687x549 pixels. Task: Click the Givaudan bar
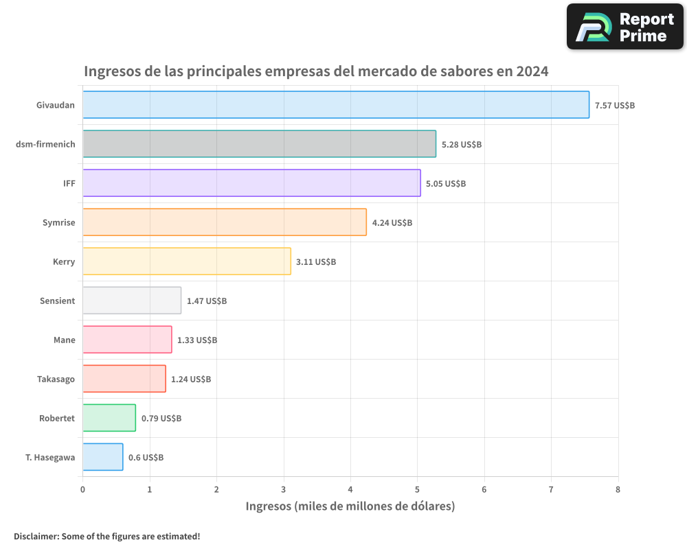(336, 105)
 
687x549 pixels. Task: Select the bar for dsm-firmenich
(259, 144)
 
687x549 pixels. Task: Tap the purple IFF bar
(251, 183)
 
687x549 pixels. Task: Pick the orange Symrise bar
(225, 222)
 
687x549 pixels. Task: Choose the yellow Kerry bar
(187, 261)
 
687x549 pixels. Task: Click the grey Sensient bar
(132, 301)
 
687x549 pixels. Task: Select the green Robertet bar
(109, 418)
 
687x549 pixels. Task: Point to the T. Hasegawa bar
(103, 457)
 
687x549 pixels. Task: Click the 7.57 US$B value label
(615, 106)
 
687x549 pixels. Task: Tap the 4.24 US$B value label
(392, 223)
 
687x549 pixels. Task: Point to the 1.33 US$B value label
(197, 340)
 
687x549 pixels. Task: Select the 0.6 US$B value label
(146, 458)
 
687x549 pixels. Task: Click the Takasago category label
(56, 379)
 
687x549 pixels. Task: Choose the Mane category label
(65, 340)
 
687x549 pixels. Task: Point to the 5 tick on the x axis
(417, 489)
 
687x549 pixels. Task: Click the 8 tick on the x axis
(618, 489)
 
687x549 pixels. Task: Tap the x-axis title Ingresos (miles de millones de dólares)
(350, 506)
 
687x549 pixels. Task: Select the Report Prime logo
(624, 27)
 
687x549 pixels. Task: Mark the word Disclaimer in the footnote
(36, 536)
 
